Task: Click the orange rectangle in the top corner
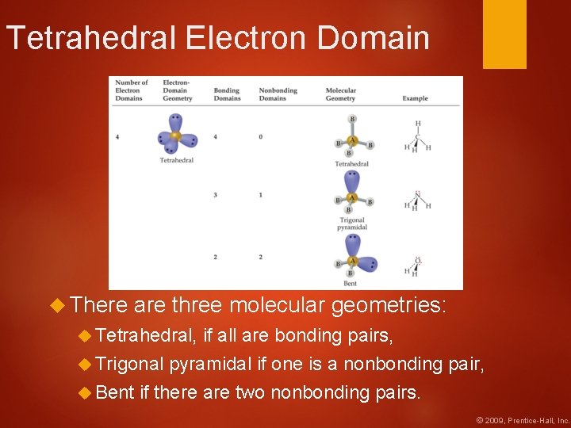[x=504, y=34]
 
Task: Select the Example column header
[x=415, y=98]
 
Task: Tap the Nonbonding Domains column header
[x=278, y=94]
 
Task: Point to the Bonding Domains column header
[x=227, y=94]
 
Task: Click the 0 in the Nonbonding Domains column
[x=261, y=137]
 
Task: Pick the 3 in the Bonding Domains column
[x=216, y=195]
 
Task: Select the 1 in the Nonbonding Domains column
[x=261, y=195]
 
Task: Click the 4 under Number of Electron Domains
[x=117, y=137]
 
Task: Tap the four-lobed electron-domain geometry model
[x=175, y=136]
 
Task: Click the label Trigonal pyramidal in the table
[x=352, y=224]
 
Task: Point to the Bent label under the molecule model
[x=350, y=283]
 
